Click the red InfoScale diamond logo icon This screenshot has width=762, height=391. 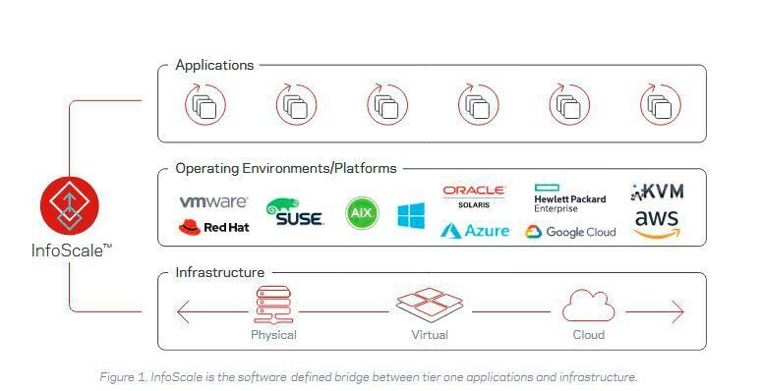coord(69,206)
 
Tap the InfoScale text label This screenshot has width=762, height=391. coord(70,251)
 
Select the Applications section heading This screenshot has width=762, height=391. coord(214,65)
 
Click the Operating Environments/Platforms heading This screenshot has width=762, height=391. coord(285,168)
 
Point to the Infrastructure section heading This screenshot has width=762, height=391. coord(219,272)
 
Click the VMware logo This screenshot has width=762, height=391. coord(213,202)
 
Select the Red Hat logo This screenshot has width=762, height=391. coord(212,228)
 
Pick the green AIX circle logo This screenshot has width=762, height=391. coord(362,213)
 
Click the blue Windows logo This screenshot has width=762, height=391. coord(411,215)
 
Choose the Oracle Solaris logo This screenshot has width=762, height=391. coord(474,195)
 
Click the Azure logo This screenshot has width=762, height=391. coord(475,231)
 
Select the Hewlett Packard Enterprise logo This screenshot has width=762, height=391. coord(569,197)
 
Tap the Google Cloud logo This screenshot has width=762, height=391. coord(570,232)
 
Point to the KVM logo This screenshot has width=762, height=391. coord(656,191)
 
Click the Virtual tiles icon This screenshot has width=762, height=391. coord(429,306)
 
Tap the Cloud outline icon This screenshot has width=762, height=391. coord(588,307)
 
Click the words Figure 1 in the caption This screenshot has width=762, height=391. coord(123,377)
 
